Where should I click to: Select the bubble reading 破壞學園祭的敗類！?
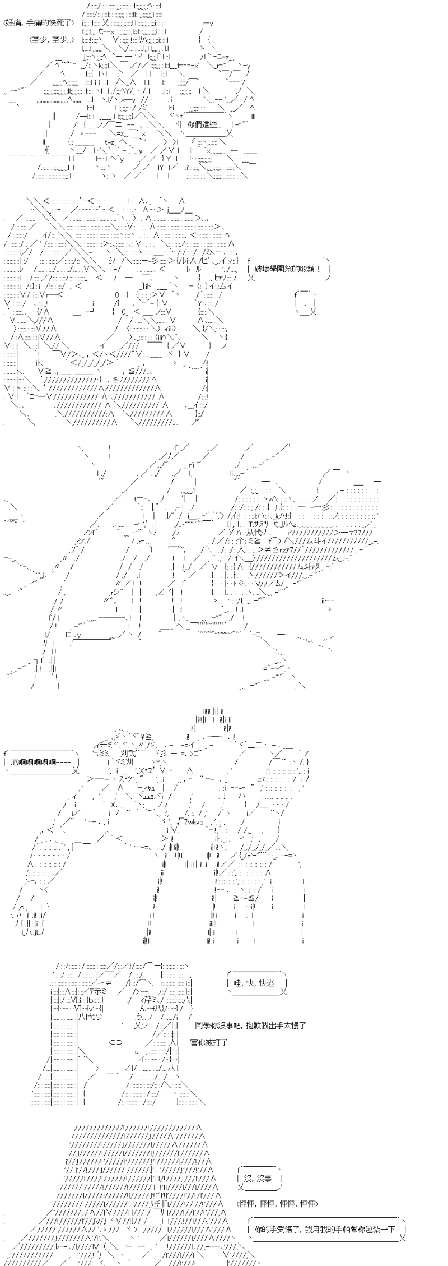pos(288,268)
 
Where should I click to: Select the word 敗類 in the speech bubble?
pos(308,268)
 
